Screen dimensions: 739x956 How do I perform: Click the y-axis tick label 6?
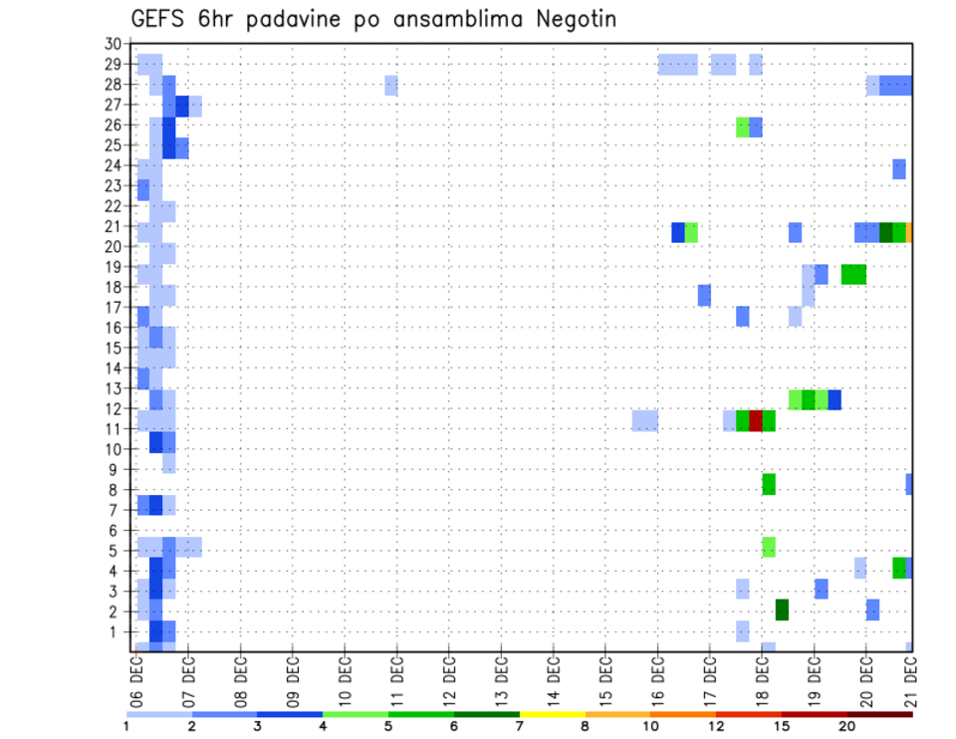click(117, 531)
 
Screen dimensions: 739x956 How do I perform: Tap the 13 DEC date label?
click(501, 676)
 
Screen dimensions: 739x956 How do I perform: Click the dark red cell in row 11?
click(756, 420)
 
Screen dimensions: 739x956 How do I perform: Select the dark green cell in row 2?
click(782, 610)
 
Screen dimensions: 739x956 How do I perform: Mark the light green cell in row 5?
click(769, 547)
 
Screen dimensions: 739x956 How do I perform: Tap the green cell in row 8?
click(769, 484)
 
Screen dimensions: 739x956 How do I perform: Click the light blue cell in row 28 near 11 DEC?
click(391, 86)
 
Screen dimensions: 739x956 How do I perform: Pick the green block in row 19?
click(853, 274)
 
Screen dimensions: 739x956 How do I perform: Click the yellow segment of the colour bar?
click(552, 714)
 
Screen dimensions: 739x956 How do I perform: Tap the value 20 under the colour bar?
click(846, 727)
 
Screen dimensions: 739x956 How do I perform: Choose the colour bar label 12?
click(716, 727)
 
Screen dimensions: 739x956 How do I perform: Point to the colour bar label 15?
click(782, 727)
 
